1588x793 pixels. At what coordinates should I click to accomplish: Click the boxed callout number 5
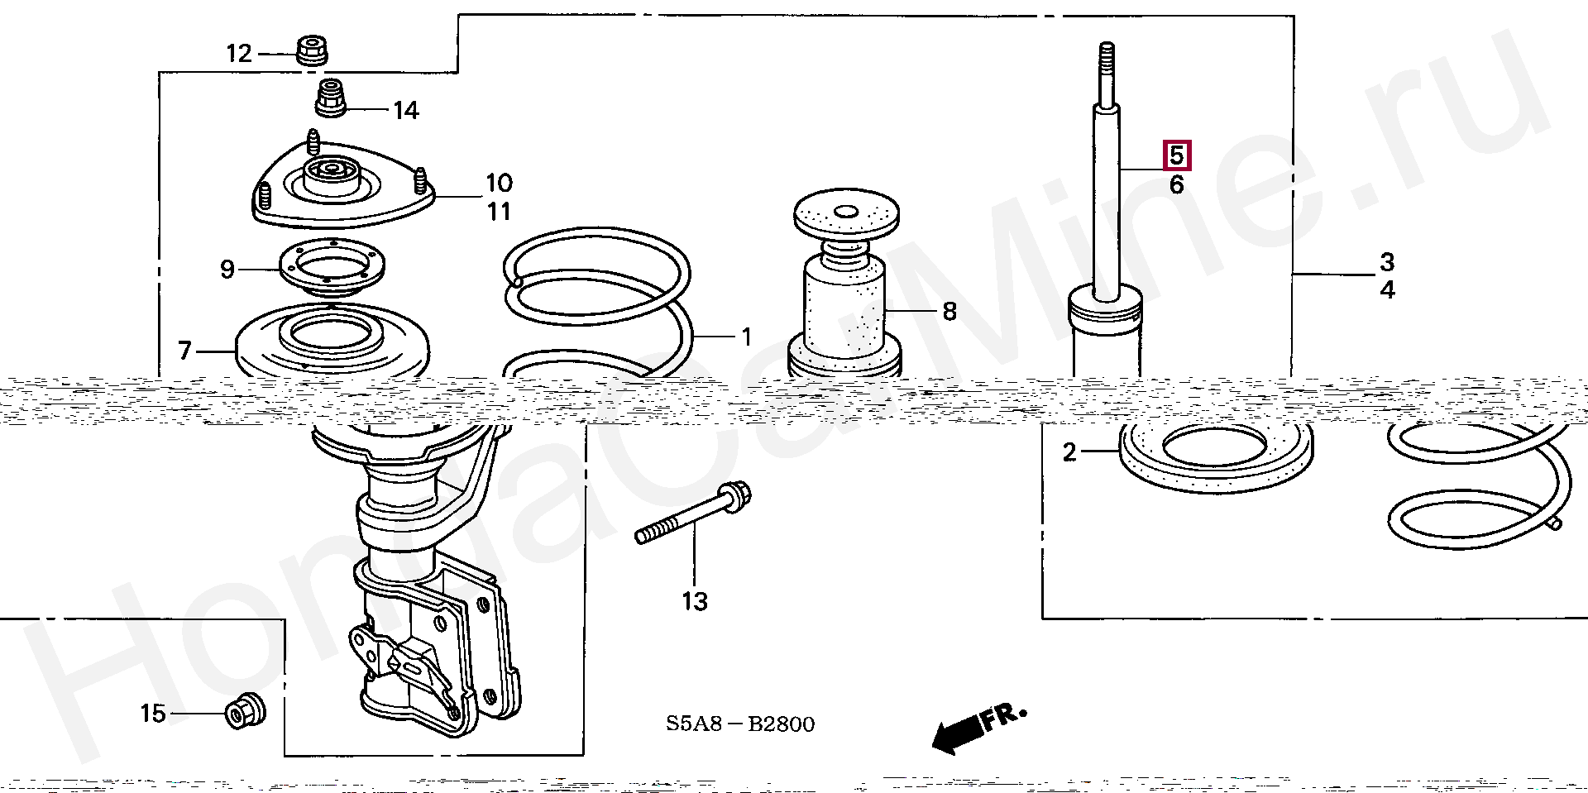(x=1176, y=155)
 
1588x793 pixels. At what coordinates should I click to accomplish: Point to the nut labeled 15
(x=245, y=710)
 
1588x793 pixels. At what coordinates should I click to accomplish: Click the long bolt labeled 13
(x=693, y=514)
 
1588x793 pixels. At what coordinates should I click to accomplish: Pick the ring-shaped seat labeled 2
(x=1215, y=456)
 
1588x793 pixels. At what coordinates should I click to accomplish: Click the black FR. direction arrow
(x=959, y=732)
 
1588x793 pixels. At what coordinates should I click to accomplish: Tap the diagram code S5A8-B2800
(x=740, y=724)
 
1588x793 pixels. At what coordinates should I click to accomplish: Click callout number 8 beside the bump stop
(x=949, y=312)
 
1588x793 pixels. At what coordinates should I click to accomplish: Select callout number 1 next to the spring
(x=746, y=337)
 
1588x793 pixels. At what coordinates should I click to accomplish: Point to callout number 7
(x=185, y=351)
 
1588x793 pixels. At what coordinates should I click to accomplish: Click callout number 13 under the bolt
(x=695, y=602)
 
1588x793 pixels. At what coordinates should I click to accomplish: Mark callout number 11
(x=499, y=213)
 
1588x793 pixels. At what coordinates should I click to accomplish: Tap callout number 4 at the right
(x=1387, y=290)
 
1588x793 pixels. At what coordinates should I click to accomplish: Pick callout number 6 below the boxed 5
(x=1176, y=185)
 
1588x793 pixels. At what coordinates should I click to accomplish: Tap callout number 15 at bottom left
(x=153, y=713)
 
